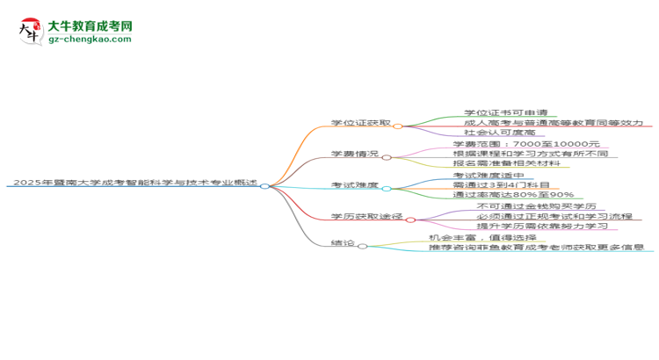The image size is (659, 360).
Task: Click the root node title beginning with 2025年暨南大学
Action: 135,183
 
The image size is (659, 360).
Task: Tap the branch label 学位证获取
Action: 360,123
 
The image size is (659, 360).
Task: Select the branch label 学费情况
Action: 355,154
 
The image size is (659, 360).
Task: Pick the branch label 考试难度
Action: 355,185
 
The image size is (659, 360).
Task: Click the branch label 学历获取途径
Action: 366,216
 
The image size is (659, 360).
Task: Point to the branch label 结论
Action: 343,243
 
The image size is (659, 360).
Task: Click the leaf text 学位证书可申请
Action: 506,112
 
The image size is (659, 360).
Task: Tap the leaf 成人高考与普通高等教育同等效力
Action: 554,123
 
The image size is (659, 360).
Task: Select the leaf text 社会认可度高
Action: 500,133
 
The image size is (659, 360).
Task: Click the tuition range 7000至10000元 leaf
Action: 526,144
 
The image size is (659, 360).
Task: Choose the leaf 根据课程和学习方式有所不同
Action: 531,154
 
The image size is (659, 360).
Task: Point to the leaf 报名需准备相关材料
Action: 506,163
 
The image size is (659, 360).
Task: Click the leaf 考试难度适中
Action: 489,175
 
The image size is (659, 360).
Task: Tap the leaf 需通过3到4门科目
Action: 501,185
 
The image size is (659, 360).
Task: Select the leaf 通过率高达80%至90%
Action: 513,195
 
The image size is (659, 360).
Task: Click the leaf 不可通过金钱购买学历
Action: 536,206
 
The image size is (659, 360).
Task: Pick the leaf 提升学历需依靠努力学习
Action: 542,226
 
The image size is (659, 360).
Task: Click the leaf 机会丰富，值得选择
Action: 482,238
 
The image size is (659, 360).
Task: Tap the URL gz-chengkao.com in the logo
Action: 90,39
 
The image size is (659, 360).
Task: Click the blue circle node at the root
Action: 264,186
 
